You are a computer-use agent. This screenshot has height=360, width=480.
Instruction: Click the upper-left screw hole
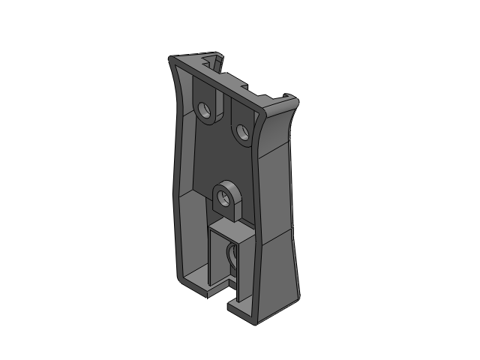[x=205, y=110]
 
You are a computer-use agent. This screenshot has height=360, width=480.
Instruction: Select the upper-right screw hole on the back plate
[x=241, y=132]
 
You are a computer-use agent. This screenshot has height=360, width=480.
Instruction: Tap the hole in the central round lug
[x=223, y=199]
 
